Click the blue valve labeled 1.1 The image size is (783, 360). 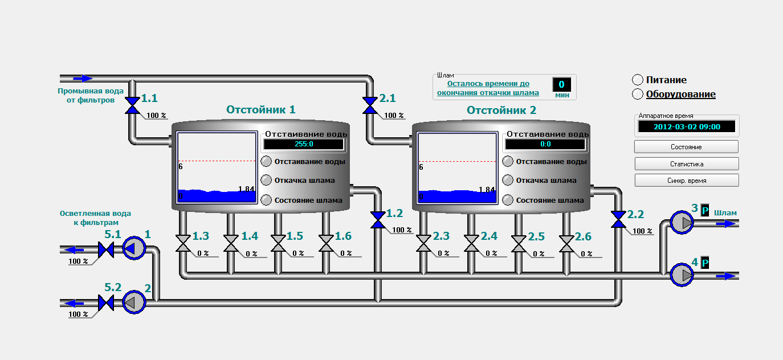pyautogui.click(x=132, y=105)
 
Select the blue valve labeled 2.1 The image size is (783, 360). pyautogui.click(x=370, y=105)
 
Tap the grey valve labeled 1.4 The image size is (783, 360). pyautogui.click(x=231, y=243)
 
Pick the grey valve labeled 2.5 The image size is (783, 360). pyautogui.click(x=519, y=243)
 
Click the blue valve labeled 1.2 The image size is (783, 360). pyautogui.click(x=378, y=220)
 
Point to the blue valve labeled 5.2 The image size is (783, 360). pyautogui.click(x=106, y=302)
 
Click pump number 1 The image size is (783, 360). pyautogui.click(x=134, y=248)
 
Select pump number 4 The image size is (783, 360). pyautogui.click(x=682, y=275)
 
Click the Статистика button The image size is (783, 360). pyautogui.click(x=687, y=164)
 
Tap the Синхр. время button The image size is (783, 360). pyautogui.click(x=687, y=181)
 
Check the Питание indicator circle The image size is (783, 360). pyautogui.click(x=638, y=80)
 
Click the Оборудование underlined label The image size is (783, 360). pyautogui.click(x=680, y=94)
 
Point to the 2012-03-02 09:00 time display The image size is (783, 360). pyautogui.click(x=687, y=126)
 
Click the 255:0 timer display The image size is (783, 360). pyautogui.click(x=304, y=144)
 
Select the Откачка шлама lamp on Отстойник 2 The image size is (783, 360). pyautogui.click(x=508, y=181)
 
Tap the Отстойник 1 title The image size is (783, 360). pyautogui.click(x=261, y=110)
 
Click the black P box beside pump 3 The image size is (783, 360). pyautogui.click(x=705, y=211)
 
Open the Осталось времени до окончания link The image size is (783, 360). pyautogui.click(x=488, y=88)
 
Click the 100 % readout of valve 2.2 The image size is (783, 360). pyautogui.click(x=642, y=231)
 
